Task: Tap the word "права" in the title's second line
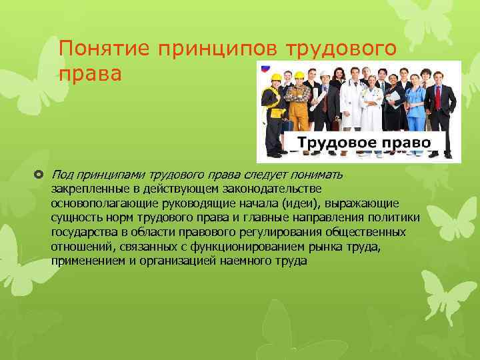[x=90, y=73]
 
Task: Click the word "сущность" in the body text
[x=75, y=217]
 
